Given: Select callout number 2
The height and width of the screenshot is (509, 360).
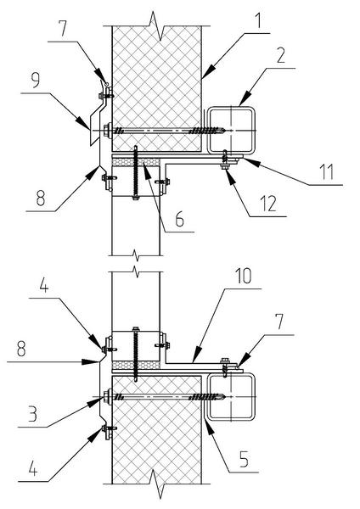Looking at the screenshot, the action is [x=281, y=55].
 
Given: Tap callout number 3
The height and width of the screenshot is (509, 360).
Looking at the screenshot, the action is [x=32, y=414].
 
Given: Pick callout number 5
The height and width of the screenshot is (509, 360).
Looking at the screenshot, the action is [x=244, y=459].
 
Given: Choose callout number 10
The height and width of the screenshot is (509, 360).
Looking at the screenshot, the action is [x=243, y=276].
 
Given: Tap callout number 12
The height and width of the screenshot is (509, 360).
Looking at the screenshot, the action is [x=268, y=204].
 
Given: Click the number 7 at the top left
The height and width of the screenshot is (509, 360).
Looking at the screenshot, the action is [x=62, y=29].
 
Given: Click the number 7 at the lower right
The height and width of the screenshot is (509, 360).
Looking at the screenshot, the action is [x=278, y=322].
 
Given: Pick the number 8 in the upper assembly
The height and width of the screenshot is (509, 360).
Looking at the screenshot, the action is [x=40, y=198].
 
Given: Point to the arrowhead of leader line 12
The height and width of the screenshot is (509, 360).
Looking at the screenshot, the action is [x=230, y=178].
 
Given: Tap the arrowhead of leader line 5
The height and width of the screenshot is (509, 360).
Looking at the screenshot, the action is [x=210, y=427].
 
